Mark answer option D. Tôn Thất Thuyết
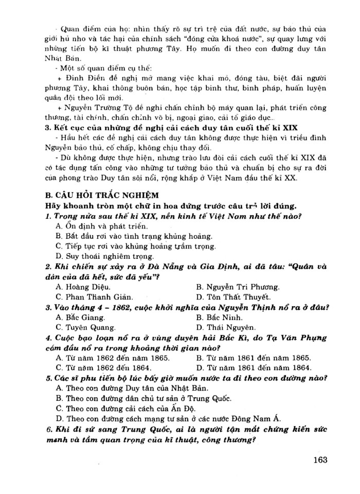click(x=233, y=297)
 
